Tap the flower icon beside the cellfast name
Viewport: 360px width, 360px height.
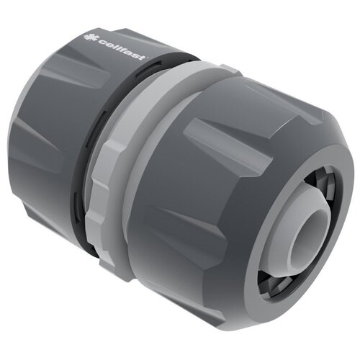88,37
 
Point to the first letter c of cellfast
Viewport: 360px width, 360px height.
96,41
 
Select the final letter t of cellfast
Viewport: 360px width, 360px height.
144,57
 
